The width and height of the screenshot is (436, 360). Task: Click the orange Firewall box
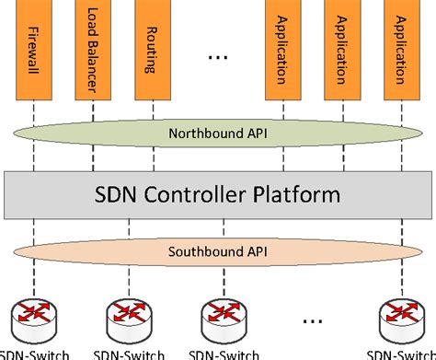(x=34, y=51)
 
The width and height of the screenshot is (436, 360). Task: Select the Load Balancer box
(x=92, y=51)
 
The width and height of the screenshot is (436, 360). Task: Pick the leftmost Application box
(x=282, y=51)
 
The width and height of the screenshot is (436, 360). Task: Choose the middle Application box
(x=341, y=51)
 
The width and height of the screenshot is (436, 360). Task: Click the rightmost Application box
(x=399, y=51)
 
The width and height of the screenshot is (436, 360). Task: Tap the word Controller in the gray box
(x=215, y=194)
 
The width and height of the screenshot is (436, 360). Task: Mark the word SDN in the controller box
(x=118, y=194)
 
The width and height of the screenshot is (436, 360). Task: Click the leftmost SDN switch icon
(x=34, y=317)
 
